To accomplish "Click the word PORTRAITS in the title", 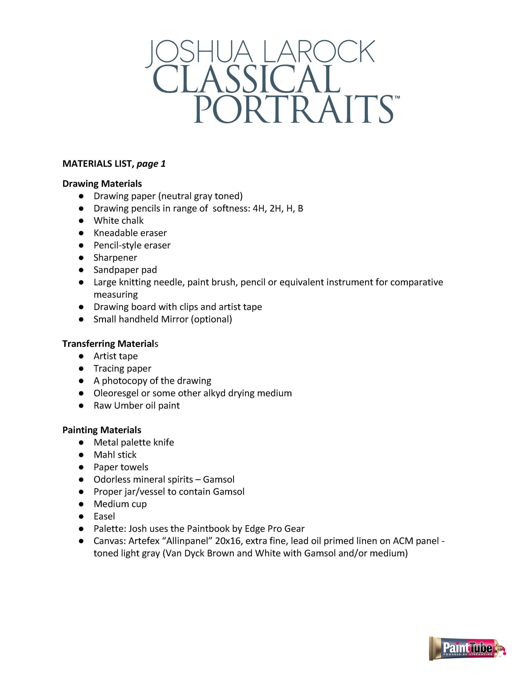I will click(x=294, y=109).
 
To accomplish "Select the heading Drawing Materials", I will click(x=102, y=184).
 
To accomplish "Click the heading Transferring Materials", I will click(x=110, y=344).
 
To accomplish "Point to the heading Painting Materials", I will click(x=102, y=430).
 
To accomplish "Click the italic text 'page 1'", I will click(x=151, y=164).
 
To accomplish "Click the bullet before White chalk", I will click(x=81, y=221).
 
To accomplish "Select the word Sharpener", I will click(x=115, y=258).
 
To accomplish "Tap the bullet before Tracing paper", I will click(x=81, y=369).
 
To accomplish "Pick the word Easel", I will click(x=104, y=516).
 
